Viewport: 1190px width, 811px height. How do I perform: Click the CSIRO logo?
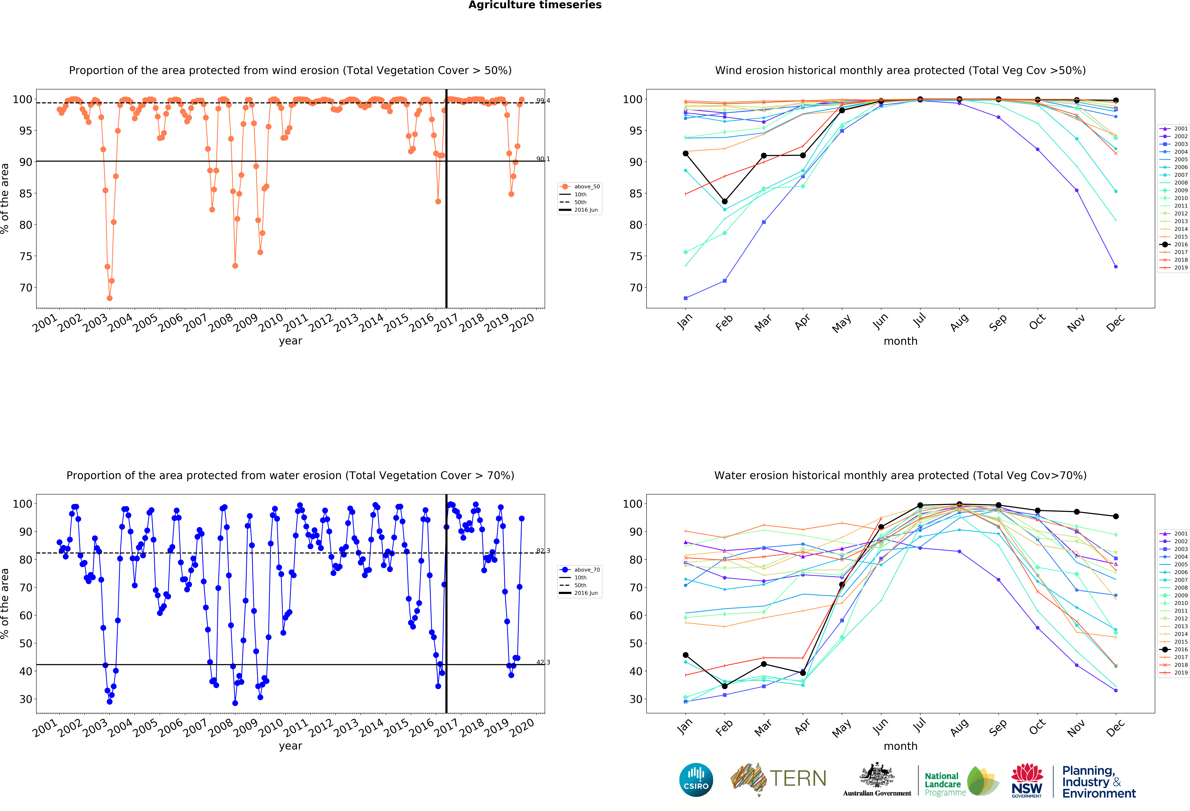coord(696,780)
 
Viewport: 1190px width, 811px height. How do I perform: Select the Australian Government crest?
coord(877,776)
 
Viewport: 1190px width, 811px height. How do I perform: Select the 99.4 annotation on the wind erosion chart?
coord(543,100)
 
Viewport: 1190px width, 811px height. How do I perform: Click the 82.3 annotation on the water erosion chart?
coord(543,551)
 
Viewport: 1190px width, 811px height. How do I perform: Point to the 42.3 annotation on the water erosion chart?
coord(543,662)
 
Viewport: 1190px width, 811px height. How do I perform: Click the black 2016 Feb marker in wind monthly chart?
coord(725,201)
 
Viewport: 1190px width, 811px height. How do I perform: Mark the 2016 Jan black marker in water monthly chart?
coord(686,655)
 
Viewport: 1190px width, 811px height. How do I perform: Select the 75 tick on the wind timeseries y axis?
coord(26,256)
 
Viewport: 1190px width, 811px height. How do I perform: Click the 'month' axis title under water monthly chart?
coord(900,746)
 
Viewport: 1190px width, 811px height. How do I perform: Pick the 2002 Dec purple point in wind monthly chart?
coord(1116,266)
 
